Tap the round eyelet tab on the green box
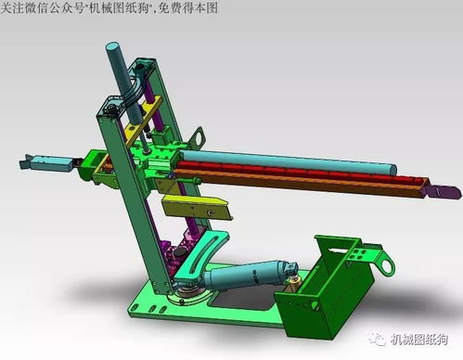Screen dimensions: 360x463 coord(379,264)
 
